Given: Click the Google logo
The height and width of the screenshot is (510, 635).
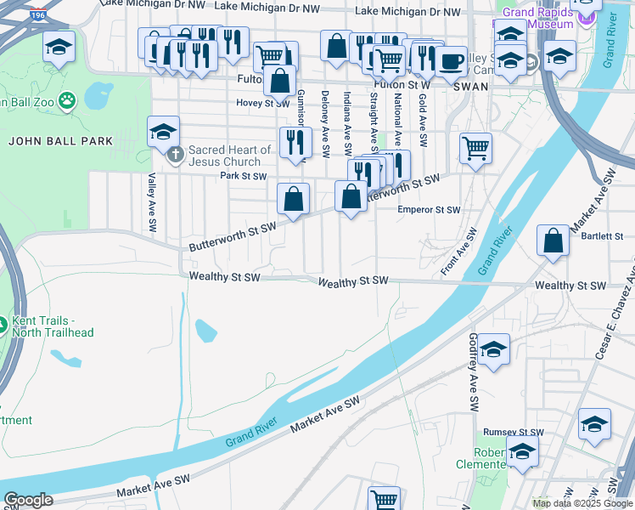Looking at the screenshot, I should click(x=28, y=500).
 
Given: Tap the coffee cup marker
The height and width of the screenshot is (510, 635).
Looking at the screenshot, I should click(x=451, y=61).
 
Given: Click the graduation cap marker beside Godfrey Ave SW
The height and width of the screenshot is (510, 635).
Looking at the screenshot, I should click(x=492, y=348).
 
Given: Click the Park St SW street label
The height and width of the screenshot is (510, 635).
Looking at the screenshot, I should click(x=244, y=177).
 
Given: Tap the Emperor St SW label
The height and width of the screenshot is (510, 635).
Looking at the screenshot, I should click(x=429, y=209).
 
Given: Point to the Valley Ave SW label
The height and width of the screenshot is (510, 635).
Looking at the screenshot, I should click(x=153, y=204).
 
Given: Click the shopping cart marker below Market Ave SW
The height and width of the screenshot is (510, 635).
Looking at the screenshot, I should click(x=384, y=499).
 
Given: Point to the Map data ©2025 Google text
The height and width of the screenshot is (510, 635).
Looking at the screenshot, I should click(x=582, y=503).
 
